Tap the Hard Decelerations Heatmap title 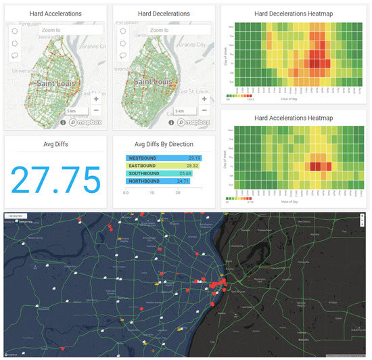click(293, 14)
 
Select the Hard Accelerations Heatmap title click(293, 119)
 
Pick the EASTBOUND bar click(163, 166)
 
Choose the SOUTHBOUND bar click(159, 174)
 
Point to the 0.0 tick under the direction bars click(126, 192)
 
